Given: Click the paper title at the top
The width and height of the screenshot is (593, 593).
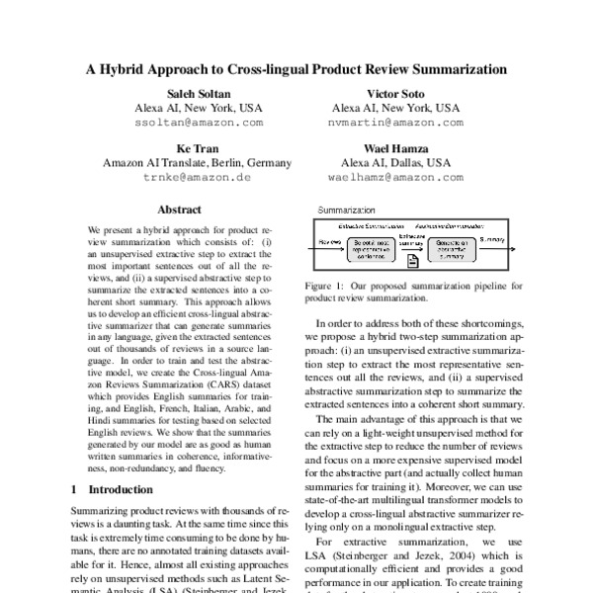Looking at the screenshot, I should point(296,70).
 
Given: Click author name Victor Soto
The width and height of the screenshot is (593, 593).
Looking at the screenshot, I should point(395,92).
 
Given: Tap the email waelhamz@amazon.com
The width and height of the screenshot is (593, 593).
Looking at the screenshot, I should point(395,178).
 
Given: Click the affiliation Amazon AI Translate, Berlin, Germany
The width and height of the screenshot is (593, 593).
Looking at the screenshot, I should point(197,162).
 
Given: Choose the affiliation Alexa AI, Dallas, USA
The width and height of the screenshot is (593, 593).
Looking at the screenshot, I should point(395,162).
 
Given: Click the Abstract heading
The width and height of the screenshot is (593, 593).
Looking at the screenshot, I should point(179,210).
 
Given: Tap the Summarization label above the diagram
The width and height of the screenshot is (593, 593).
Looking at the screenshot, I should point(347,211).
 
